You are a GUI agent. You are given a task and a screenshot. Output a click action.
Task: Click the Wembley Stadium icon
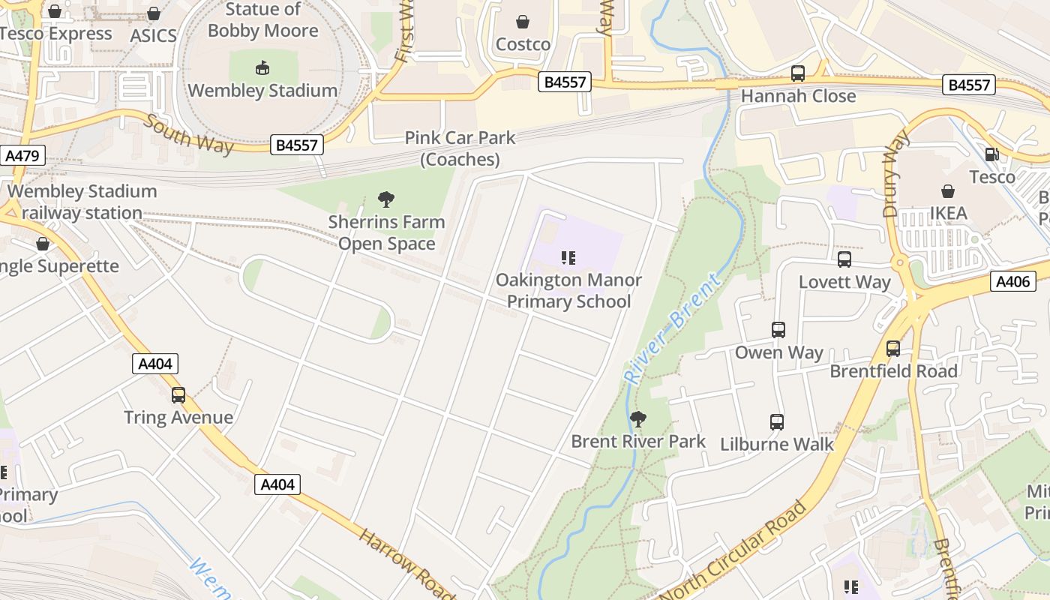pyautogui.click(x=262, y=68)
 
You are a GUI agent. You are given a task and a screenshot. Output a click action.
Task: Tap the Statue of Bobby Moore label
pyautogui.click(x=262, y=20)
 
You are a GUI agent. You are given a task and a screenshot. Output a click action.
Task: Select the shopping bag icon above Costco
pyautogui.click(x=523, y=22)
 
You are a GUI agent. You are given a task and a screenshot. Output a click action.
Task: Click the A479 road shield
pyautogui.click(x=23, y=156)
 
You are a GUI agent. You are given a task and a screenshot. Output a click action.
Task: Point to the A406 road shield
pyautogui.click(x=1013, y=281)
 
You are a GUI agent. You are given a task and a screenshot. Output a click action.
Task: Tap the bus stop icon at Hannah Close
pyautogui.click(x=798, y=73)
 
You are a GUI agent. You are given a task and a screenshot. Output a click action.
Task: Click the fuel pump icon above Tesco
pyautogui.click(x=991, y=154)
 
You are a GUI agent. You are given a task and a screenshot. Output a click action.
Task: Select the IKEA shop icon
pyautogui.click(x=948, y=191)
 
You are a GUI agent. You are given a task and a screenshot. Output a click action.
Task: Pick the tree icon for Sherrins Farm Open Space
pyautogui.click(x=386, y=199)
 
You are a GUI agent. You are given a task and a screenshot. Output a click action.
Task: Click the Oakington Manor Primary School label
pyautogui.click(x=568, y=291)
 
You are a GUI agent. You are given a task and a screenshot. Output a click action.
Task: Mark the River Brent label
pyautogui.click(x=673, y=328)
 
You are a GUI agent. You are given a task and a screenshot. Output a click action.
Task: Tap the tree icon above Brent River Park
pyautogui.click(x=638, y=419)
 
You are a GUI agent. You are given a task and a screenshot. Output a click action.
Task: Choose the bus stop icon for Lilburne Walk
pyautogui.click(x=777, y=422)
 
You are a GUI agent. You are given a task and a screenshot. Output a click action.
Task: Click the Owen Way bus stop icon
pyautogui.click(x=778, y=330)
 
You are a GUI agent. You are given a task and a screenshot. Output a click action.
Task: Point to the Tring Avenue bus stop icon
pyautogui.click(x=178, y=395)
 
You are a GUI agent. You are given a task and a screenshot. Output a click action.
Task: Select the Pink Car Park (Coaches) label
pyautogui.click(x=460, y=148)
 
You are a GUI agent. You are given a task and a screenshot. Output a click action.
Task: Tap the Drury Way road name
pyautogui.click(x=895, y=173)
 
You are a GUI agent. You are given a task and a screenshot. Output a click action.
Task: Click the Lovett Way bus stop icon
pyautogui.click(x=844, y=259)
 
